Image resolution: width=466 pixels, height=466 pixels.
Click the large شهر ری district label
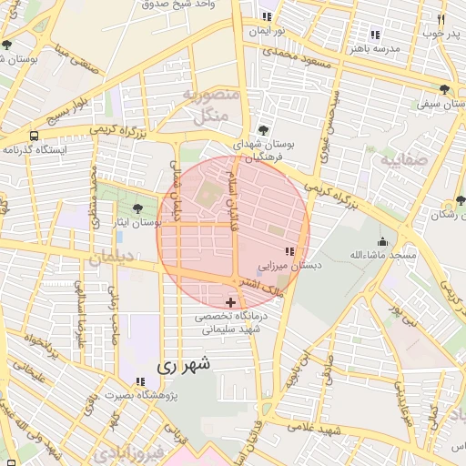click(x=183, y=365)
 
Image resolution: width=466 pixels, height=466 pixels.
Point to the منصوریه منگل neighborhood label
click(x=210, y=106)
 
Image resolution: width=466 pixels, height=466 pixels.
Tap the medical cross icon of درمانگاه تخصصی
click(x=230, y=302)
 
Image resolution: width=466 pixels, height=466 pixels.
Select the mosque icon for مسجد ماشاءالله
click(x=382, y=242)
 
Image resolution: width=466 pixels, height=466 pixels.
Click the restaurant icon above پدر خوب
click(x=441, y=19)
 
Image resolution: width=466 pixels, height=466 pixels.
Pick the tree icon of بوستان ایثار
click(x=137, y=209)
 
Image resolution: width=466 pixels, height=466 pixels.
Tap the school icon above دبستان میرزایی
click(x=289, y=251)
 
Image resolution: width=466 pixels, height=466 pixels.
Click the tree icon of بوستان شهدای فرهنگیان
click(x=263, y=130)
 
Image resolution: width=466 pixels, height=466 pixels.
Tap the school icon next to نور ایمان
click(x=266, y=16)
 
